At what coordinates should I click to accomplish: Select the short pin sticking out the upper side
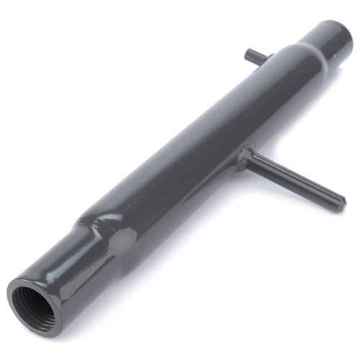[256, 56]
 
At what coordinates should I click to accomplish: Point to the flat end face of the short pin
[247, 52]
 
